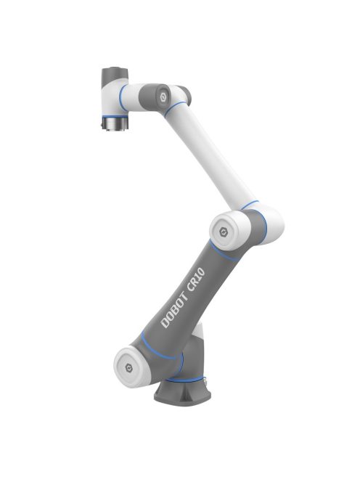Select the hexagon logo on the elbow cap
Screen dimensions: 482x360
click(223, 232)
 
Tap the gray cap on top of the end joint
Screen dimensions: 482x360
click(112, 74)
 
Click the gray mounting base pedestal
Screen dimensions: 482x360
click(181, 396)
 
